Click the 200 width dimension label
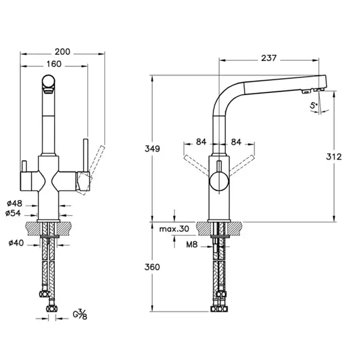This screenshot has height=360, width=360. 63,51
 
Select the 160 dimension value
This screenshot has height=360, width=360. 54,64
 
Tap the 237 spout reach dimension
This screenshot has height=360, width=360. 270,58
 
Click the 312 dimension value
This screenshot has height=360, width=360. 334,156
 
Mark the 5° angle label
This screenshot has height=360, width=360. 314,105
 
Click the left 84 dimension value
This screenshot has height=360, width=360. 201,142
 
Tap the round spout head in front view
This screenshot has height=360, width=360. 48,84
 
